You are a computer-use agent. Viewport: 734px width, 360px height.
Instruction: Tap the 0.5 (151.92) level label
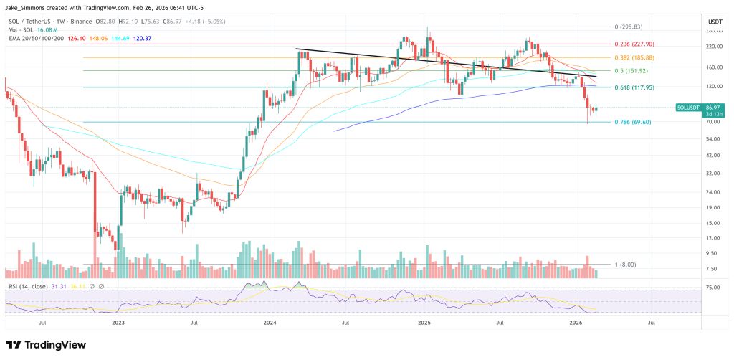pos(632,71)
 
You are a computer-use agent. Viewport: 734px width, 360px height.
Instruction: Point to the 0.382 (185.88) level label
pos(635,57)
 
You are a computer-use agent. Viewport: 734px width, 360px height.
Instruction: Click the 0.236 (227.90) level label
pos(635,44)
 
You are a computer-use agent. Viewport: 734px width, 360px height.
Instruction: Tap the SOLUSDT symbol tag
pos(689,108)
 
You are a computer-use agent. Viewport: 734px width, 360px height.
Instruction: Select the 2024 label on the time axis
pos(270,323)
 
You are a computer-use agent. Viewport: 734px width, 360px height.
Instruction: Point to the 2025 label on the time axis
pos(424,323)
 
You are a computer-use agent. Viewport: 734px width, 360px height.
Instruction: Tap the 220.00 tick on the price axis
pos(713,47)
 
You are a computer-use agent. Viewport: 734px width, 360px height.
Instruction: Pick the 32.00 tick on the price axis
pos(712,174)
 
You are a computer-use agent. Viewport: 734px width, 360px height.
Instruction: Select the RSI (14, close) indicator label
pos(29,286)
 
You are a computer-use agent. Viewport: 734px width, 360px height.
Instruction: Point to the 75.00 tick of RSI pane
pos(712,288)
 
